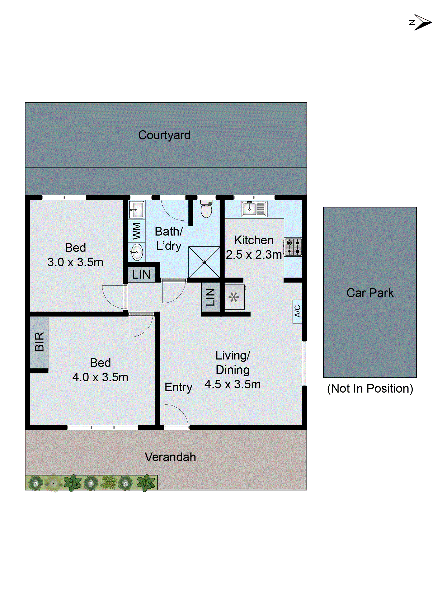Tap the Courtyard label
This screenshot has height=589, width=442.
pos(164,135)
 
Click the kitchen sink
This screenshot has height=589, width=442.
pos(254,209)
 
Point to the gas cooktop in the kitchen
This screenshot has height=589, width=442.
pos(293,247)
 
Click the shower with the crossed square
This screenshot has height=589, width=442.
pos(204,262)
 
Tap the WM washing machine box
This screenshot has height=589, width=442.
pos(136,231)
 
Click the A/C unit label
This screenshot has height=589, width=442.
pos(297,311)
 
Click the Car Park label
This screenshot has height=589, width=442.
pos(370,293)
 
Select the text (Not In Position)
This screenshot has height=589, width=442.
pos(370,388)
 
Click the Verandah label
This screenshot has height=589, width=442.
pos(170,457)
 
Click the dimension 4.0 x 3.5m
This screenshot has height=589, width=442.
pos(100,377)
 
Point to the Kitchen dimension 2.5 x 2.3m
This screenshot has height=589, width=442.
pos(254,255)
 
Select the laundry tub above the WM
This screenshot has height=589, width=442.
pos(136,209)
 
